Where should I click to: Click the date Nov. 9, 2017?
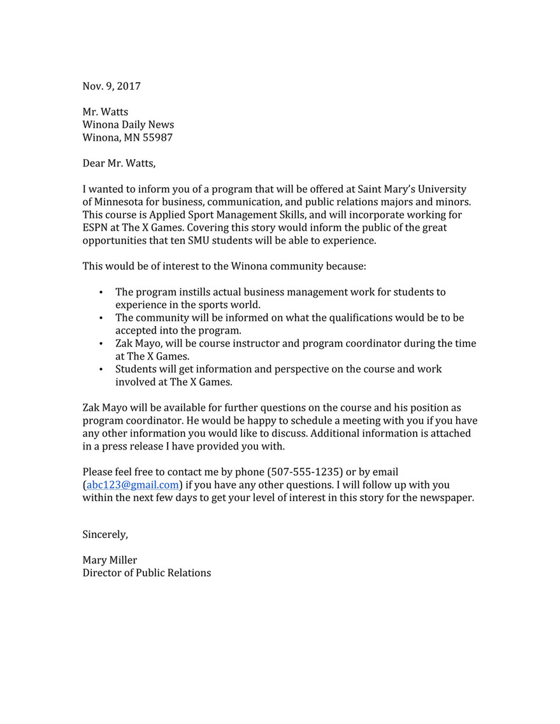click(111, 86)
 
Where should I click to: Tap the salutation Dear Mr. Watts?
click(118, 163)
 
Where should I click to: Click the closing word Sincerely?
click(105, 535)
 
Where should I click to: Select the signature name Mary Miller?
click(110, 560)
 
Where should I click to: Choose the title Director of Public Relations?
click(147, 573)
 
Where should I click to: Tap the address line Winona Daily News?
click(128, 125)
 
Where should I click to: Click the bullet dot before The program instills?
click(102, 292)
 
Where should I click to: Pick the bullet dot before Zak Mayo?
click(102, 344)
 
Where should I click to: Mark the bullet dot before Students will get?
click(102, 369)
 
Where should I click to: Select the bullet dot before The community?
click(102, 318)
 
